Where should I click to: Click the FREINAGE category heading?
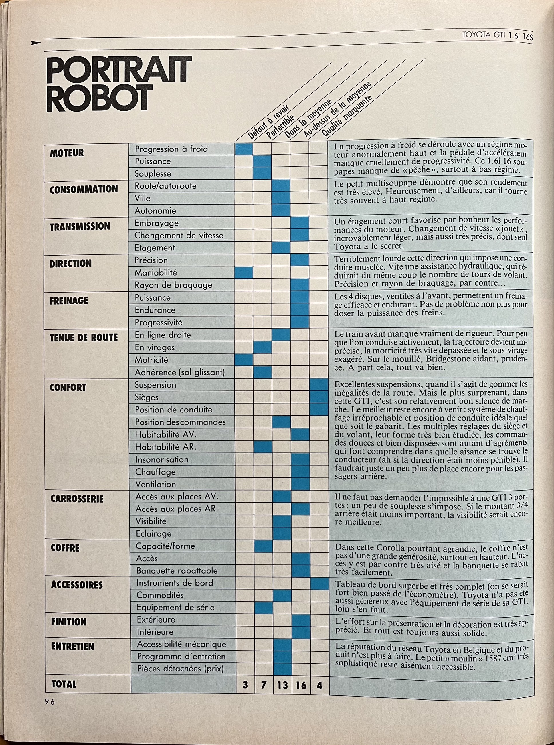[x=69, y=300]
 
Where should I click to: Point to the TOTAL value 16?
[x=301, y=685]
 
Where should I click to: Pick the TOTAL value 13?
[x=282, y=685]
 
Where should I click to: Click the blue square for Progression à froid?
[x=244, y=149]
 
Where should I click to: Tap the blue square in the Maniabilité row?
[x=244, y=273]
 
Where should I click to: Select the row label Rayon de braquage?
[x=173, y=285]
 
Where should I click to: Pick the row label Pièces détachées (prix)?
[x=180, y=669]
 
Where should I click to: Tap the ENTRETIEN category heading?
[x=72, y=646]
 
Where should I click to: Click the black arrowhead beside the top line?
[x=35, y=43]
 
